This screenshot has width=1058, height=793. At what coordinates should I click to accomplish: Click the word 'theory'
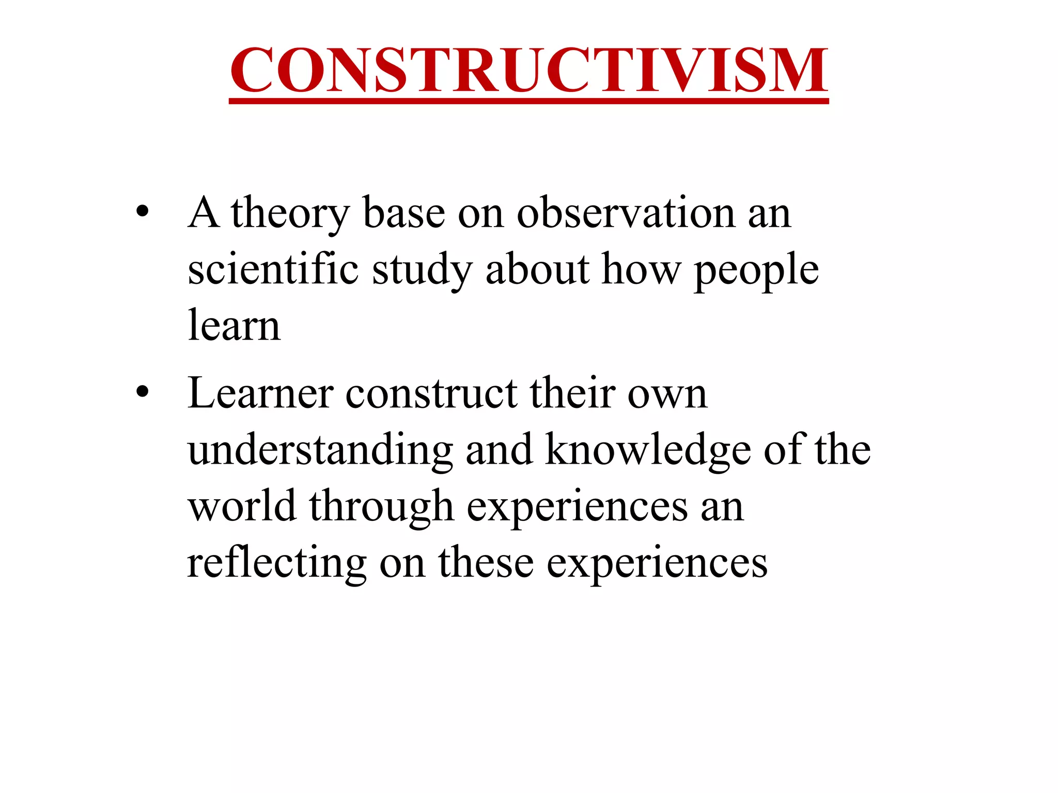290,214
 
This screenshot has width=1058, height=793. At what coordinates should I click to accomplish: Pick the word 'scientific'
273,269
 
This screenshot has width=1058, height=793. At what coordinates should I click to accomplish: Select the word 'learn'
234,326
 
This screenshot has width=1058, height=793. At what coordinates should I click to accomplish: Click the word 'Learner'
260,393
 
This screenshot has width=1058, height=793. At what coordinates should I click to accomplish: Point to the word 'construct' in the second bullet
431,394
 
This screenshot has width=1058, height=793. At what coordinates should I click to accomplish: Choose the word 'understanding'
320,451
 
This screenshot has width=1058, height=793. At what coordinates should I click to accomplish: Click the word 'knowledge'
648,451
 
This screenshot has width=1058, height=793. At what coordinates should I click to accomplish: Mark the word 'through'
381,507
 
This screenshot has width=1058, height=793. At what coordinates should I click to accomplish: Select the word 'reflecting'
277,563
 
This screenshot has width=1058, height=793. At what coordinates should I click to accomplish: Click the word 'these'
486,562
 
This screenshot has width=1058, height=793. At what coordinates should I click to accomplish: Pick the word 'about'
537,269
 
